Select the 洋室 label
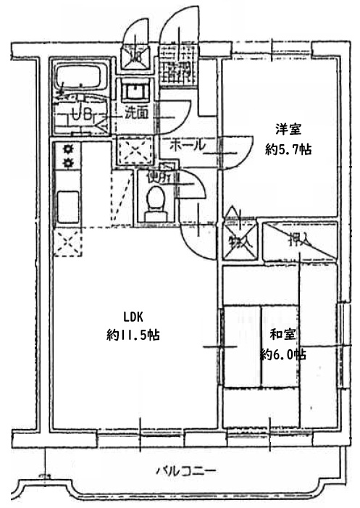pos(288,130)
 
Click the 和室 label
pos(282,335)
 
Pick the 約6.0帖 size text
pos(282,354)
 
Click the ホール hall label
pos(186,145)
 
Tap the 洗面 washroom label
pos(135,112)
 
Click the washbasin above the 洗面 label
pos(135,91)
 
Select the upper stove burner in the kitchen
pos(70,149)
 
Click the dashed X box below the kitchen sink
pos(67,242)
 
